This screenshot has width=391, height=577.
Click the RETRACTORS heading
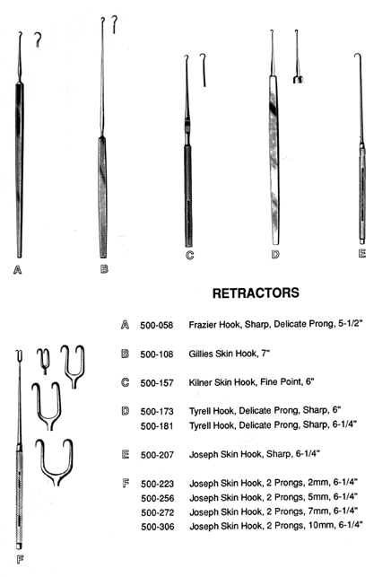pos(256,293)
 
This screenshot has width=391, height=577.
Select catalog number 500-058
pos(156,326)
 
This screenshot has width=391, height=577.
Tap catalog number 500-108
pos(156,354)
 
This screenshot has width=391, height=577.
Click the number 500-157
pos(156,383)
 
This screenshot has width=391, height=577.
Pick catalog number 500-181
pos(157,426)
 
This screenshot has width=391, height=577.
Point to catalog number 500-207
pos(157,455)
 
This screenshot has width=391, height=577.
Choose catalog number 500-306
pos(158,527)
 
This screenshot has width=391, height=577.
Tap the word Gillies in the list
pos(201,354)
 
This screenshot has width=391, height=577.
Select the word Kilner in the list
pos(201,382)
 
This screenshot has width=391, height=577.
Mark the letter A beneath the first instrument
pos(17,270)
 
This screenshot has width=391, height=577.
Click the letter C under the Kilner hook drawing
pos(190,255)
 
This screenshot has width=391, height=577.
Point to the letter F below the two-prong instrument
pos(21,560)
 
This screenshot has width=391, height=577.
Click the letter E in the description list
pos(125,454)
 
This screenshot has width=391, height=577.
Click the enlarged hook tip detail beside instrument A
pos(38,39)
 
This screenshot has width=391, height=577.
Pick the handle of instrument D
pos(274,160)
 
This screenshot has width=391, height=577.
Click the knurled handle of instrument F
pos(19,497)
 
